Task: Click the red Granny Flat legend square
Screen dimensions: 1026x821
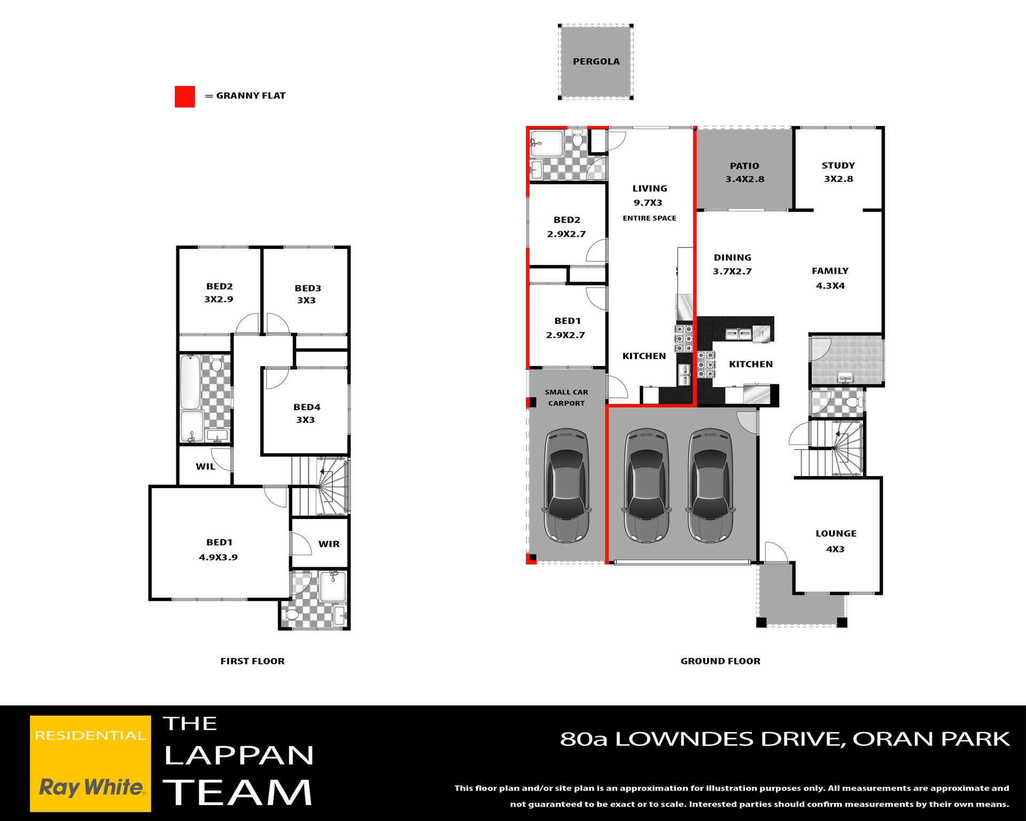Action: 185,96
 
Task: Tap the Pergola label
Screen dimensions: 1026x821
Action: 596,61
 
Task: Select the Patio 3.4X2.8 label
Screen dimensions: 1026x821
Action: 745,173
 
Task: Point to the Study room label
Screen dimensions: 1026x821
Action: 838,172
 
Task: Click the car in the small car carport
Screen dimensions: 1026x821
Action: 566,485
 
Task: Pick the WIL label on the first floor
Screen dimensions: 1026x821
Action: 205,467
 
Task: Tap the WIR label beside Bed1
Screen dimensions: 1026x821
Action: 329,544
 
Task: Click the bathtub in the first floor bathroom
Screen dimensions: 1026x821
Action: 190,382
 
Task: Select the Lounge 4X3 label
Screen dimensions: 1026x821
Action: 836,541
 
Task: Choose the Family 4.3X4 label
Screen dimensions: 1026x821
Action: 830,278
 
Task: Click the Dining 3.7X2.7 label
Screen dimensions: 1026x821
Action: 733,264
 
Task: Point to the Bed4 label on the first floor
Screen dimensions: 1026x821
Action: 307,413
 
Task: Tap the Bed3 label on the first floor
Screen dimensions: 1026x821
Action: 307,294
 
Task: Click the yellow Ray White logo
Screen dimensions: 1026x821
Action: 90,763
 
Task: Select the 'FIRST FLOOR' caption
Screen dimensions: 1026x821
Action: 253,661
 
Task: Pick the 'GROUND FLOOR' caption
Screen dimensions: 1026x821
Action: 720,661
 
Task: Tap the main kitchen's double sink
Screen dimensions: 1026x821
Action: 739,334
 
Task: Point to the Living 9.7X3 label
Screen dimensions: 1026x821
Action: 649,195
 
